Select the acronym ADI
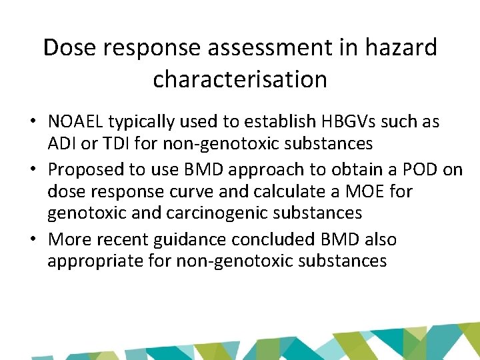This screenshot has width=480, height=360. [x=61, y=143]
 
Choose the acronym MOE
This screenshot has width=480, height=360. [x=365, y=191]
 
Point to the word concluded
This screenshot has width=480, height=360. [x=281, y=239]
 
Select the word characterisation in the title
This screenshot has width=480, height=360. [x=240, y=80]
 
